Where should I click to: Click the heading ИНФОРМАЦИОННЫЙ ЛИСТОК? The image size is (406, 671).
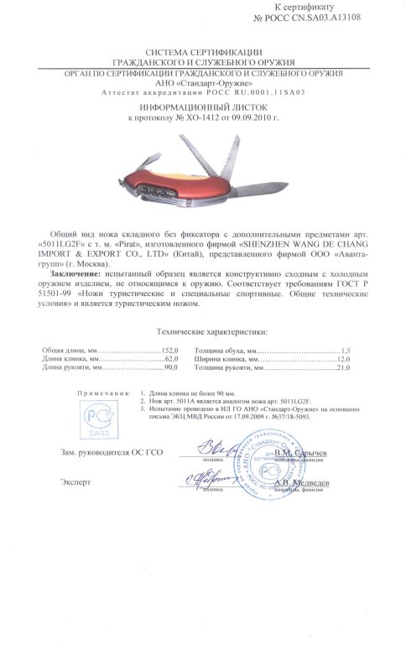tap(202, 108)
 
